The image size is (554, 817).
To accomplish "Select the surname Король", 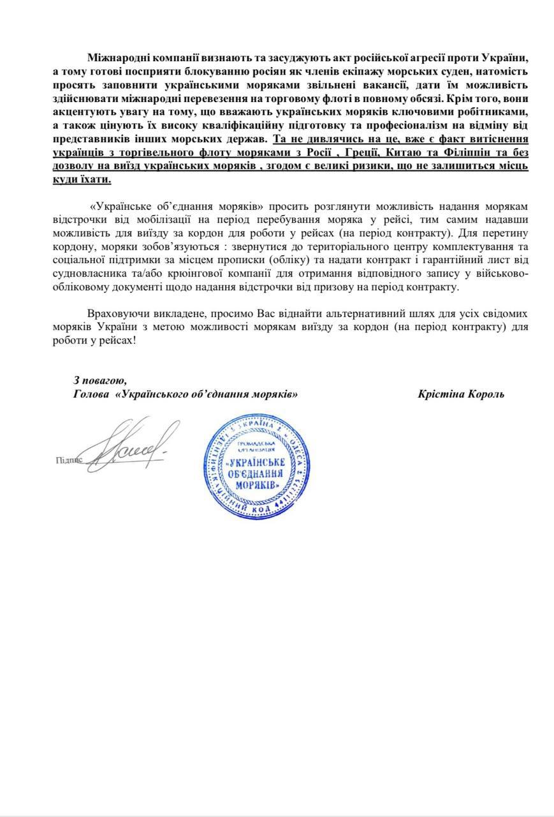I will (x=483, y=394).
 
